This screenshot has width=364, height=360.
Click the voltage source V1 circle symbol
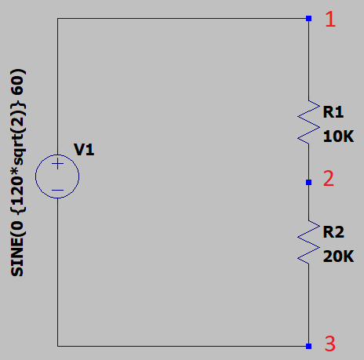tap(35, 176)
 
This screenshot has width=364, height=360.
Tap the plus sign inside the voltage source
tap(57, 164)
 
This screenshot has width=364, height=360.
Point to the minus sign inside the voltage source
tap(57, 190)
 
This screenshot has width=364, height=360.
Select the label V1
tap(84, 150)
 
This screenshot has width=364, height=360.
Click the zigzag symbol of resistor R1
tap(308, 122)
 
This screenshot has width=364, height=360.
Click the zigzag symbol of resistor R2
tap(308, 242)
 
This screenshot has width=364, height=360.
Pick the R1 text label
tap(333, 112)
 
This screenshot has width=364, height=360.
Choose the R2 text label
tap(333, 232)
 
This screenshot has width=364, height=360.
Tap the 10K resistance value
tap(338, 136)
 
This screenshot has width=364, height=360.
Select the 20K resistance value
tap(338, 256)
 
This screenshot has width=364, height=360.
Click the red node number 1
tap(330, 19)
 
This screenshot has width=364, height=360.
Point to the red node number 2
tap(329, 179)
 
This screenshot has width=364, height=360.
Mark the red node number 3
tap(330, 344)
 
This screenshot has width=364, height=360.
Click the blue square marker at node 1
tap(308, 18)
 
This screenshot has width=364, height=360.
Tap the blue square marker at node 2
tap(308, 182)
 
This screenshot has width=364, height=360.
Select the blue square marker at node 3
tap(308, 346)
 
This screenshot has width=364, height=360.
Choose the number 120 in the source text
tap(17, 191)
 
